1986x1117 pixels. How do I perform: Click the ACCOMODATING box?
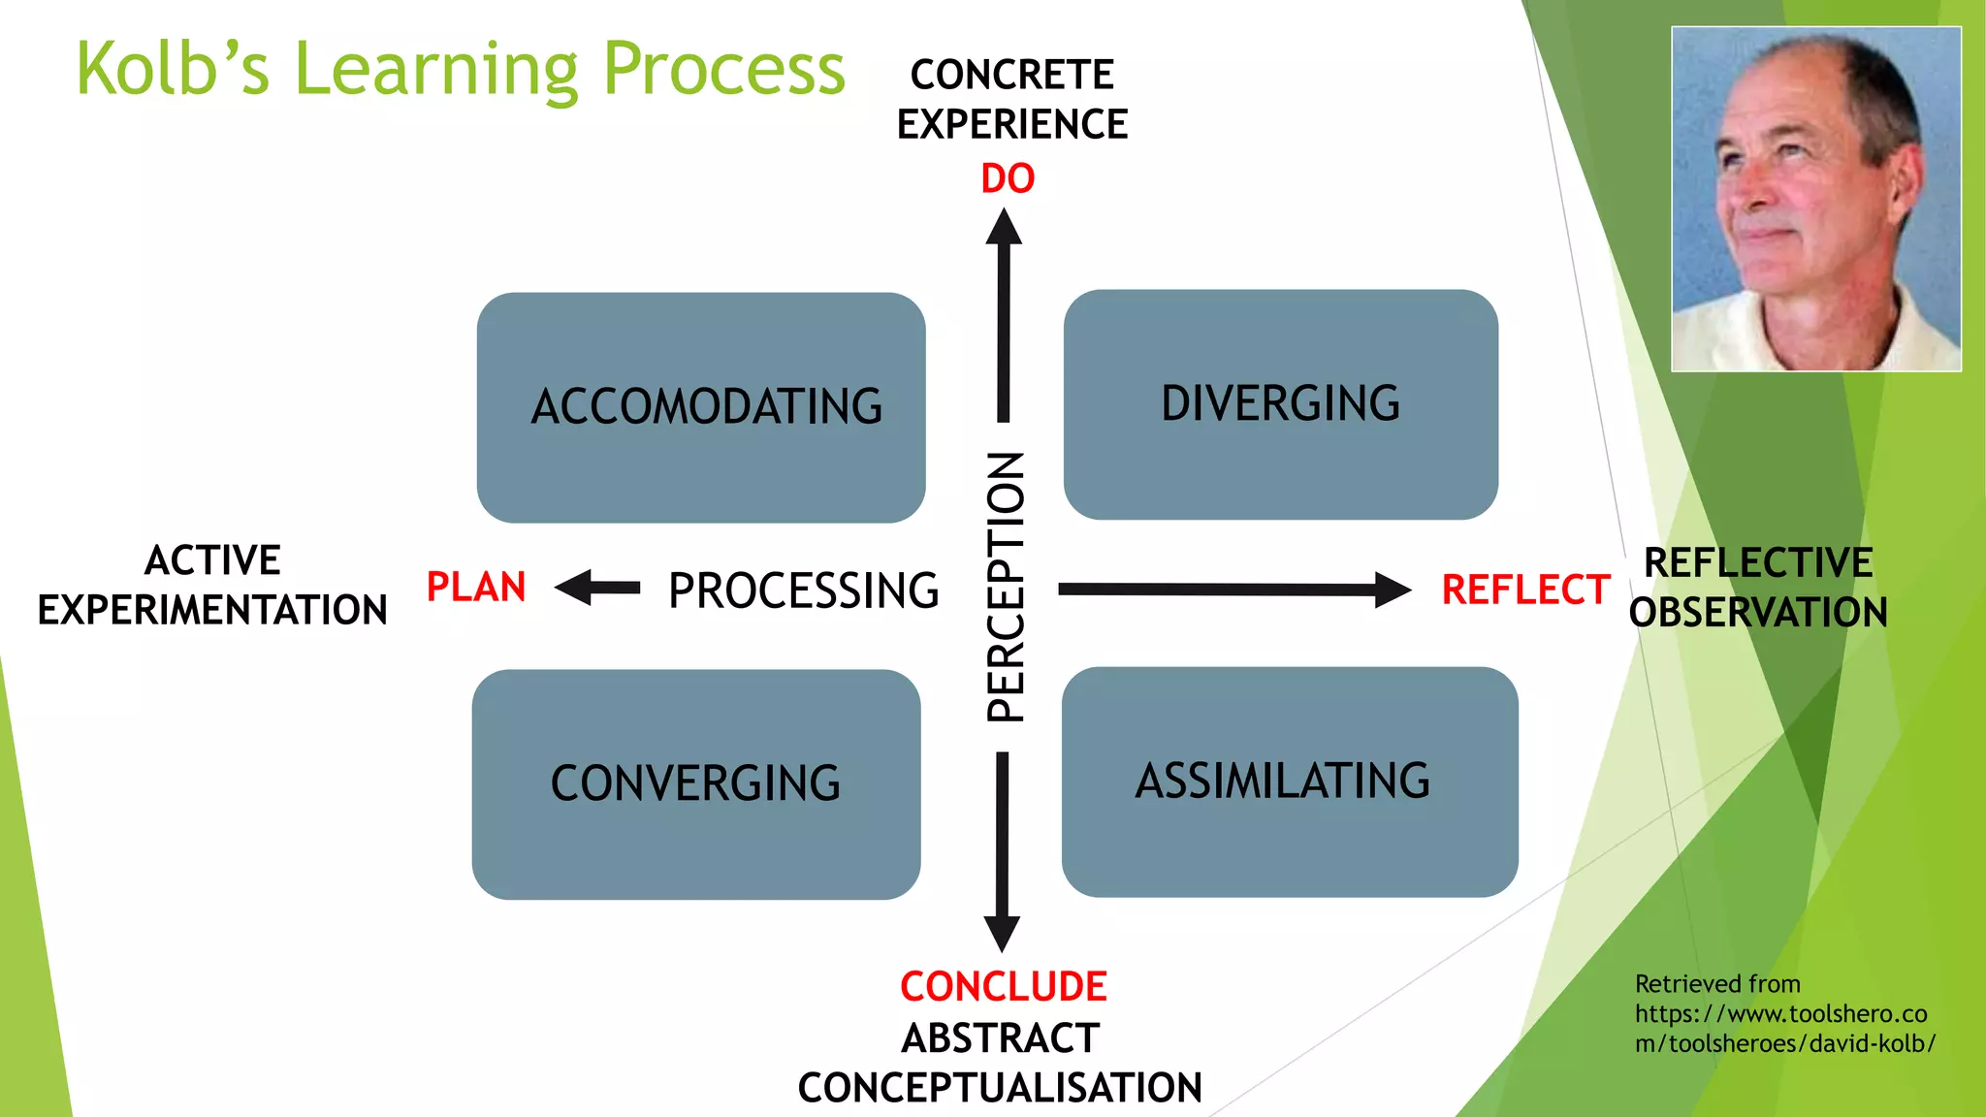(701, 407)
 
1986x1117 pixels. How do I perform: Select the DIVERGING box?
(1280, 404)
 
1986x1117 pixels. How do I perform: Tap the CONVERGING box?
(696, 783)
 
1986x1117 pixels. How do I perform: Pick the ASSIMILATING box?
(1290, 782)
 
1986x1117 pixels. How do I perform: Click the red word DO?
(1008, 178)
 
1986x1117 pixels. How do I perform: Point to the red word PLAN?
(476, 588)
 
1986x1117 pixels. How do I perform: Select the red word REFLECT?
(1525, 590)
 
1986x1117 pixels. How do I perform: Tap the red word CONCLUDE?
(1003, 987)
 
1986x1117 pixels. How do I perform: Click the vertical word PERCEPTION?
(1006, 587)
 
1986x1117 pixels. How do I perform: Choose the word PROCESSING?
(803, 590)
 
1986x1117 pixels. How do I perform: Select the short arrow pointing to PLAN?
(597, 588)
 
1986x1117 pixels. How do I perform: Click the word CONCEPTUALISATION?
(1000, 1088)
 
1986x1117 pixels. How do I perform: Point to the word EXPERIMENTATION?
(212, 610)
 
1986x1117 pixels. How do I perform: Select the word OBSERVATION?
(1758, 613)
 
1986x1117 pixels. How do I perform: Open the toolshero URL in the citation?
(1782, 1029)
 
